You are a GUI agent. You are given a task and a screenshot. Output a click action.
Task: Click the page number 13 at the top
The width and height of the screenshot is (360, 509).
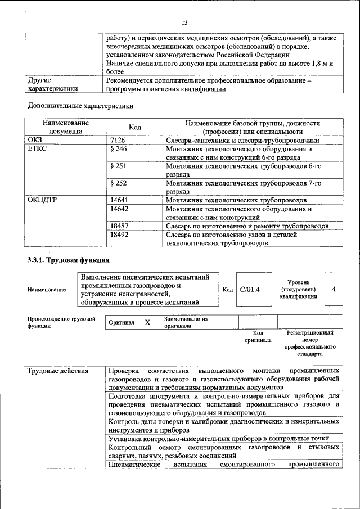point(183,22)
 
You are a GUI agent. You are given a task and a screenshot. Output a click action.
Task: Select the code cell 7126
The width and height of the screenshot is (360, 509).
point(118,140)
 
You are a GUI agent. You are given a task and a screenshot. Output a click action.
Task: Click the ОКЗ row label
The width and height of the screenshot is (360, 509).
point(35,140)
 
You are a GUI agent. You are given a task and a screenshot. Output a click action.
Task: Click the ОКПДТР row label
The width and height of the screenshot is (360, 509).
point(42,200)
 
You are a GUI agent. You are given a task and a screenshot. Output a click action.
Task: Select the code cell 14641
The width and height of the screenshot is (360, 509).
point(120,200)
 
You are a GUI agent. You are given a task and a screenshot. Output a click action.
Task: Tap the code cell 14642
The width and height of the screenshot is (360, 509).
point(120,209)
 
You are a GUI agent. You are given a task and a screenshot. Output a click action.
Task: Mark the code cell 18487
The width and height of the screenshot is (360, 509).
point(120,226)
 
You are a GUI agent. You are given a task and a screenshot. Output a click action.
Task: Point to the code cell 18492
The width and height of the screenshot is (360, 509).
point(120,235)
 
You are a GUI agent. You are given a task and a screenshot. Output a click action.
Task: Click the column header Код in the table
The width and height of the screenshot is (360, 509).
point(135,127)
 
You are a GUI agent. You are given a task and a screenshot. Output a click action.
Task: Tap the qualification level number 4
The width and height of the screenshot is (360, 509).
point(334,289)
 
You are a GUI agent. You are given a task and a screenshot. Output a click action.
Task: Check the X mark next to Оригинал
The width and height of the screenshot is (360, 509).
point(147,322)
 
